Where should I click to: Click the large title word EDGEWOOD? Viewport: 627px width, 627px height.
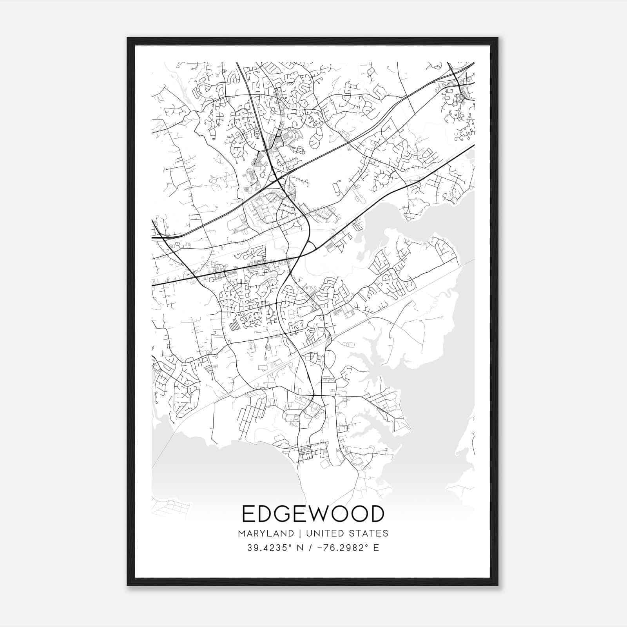coord(313,514)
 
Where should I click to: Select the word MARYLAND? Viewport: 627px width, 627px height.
coord(266,533)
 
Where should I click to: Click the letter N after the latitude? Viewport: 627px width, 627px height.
coord(300,547)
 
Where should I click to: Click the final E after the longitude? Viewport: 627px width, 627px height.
coord(376,547)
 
